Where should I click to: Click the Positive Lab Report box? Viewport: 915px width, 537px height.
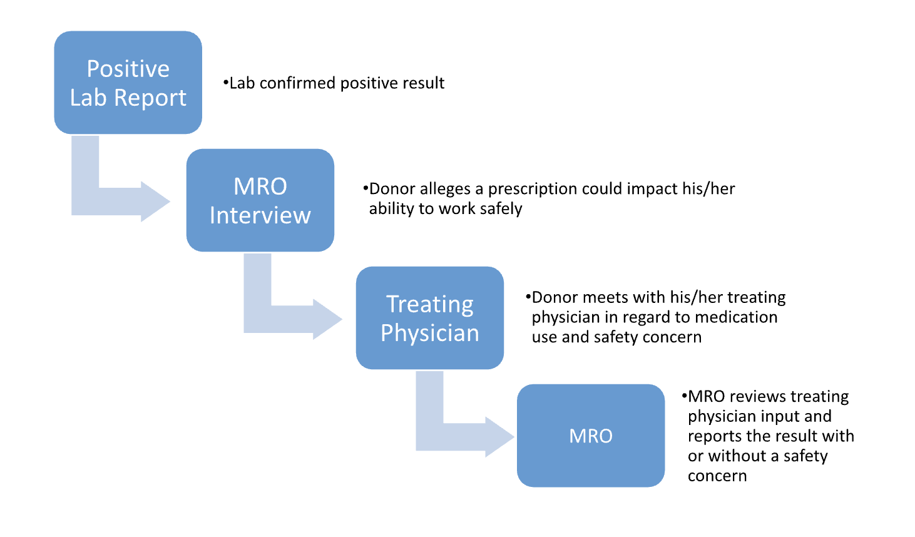pyautogui.click(x=128, y=83)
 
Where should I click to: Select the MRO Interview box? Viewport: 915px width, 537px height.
pyautogui.click(x=260, y=200)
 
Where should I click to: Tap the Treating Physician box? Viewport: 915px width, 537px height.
pyautogui.click(x=430, y=318)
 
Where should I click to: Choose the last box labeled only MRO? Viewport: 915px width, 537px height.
pyautogui.click(x=591, y=436)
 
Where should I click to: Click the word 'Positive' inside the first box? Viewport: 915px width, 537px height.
pyautogui.click(x=128, y=68)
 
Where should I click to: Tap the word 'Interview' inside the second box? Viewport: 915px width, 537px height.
pyautogui.click(x=260, y=215)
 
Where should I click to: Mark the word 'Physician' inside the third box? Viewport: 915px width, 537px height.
pyautogui.click(x=430, y=333)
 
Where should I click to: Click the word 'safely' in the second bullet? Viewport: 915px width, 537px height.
pyautogui.click(x=501, y=208)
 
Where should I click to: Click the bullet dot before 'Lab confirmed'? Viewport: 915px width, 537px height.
pyautogui.click(x=225, y=83)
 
